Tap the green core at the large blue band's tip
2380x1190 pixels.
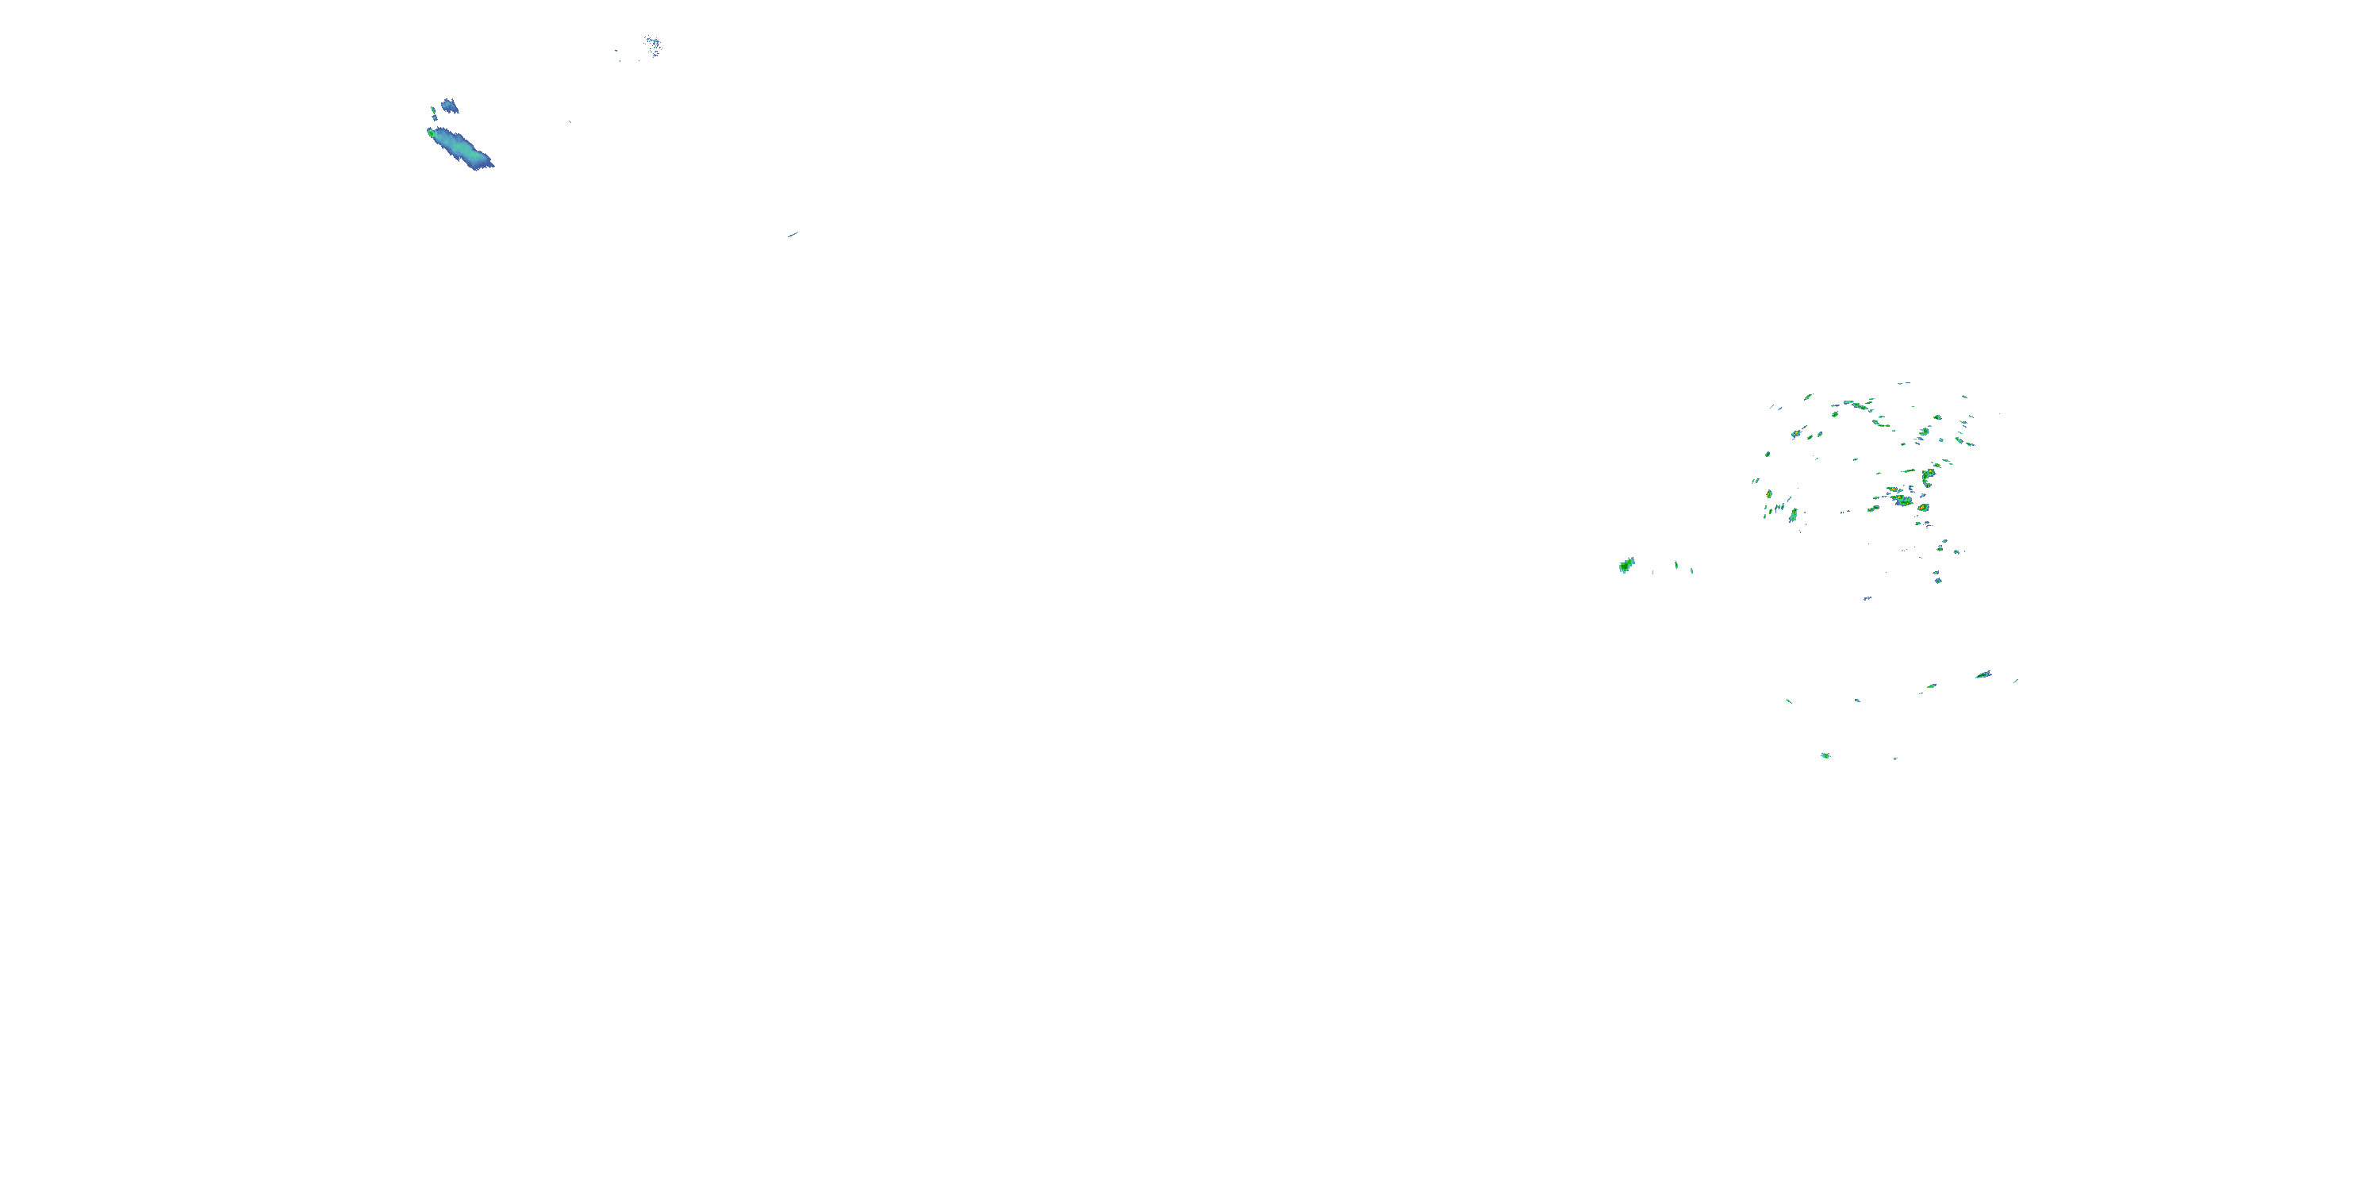(x=431, y=132)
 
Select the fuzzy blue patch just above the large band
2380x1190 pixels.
(x=449, y=106)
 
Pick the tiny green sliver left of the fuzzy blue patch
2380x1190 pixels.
(x=432, y=113)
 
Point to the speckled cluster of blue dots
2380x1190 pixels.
(x=652, y=44)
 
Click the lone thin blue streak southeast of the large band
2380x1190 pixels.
(x=793, y=234)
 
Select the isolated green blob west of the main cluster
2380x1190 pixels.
(x=1626, y=565)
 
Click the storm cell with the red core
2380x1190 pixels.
(x=1923, y=507)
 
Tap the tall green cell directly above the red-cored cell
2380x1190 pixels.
(x=1929, y=476)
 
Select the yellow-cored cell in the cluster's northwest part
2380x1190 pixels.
(x=1797, y=432)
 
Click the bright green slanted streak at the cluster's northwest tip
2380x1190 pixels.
(x=1807, y=397)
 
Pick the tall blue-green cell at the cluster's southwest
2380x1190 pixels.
(x=1793, y=516)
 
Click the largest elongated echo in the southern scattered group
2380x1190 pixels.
(x=1983, y=674)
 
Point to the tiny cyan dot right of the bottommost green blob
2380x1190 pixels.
(x=1895, y=758)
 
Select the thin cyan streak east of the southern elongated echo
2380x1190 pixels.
(x=2016, y=681)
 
